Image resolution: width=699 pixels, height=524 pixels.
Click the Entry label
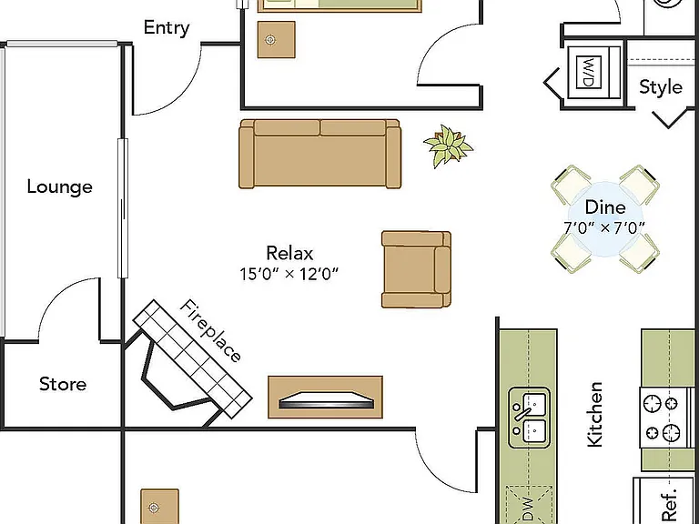[167, 27]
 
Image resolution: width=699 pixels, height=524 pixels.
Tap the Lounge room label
[60, 186]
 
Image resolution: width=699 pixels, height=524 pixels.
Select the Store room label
[63, 384]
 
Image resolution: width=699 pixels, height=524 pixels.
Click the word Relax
[289, 253]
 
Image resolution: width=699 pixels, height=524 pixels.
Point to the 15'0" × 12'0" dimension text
[289, 274]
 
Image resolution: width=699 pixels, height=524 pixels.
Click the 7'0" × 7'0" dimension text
[604, 227]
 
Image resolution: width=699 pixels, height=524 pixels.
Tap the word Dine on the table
[605, 207]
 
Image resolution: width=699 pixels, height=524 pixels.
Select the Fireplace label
[211, 330]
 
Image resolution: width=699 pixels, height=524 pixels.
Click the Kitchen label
[595, 414]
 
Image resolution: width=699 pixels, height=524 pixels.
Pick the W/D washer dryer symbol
[589, 72]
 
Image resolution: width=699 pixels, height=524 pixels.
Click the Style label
[661, 87]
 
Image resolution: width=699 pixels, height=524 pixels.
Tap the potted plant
[448, 146]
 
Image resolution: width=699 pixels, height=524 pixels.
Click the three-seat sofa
[320, 154]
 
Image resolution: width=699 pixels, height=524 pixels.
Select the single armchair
[416, 269]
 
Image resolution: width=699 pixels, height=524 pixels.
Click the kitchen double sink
[529, 418]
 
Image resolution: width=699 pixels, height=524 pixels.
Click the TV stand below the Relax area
[326, 397]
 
